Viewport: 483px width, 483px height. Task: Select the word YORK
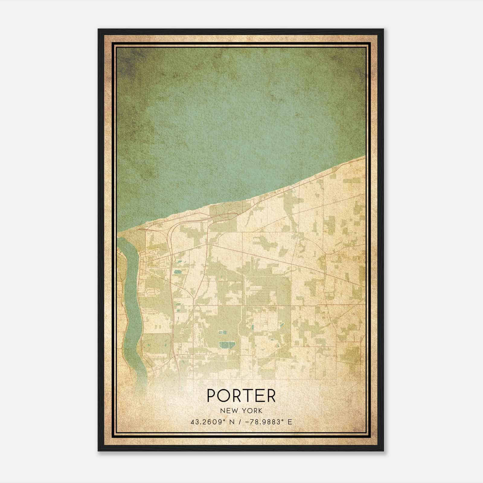point(251,411)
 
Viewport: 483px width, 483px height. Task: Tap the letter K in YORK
point(260,411)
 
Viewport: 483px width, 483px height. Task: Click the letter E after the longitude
point(290,422)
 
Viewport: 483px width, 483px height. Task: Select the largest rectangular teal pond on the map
point(224,345)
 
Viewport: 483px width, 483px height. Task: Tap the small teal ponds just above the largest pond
point(222,332)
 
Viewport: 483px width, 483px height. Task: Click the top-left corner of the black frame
point(99,30)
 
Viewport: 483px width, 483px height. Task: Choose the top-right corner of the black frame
point(383,30)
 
